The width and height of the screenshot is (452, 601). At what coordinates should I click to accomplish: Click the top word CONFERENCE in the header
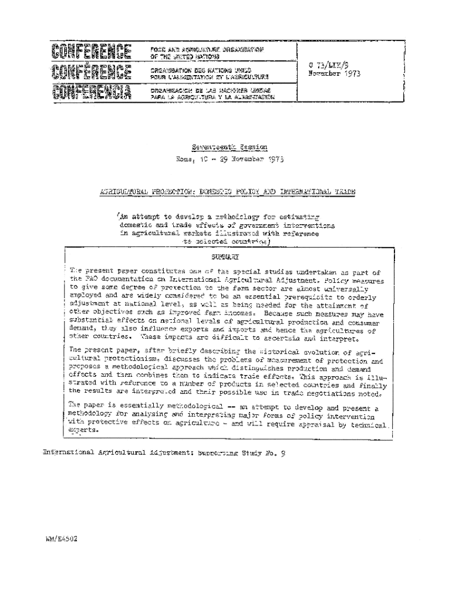tap(91, 51)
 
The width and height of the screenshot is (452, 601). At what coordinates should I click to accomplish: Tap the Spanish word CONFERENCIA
tap(91, 92)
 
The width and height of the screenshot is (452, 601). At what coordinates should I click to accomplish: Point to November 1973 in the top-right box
tap(334, 75)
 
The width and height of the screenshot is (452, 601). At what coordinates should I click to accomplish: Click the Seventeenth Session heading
tap(230, 147)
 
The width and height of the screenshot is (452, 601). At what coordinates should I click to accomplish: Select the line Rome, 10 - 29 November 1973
tap(230, 159)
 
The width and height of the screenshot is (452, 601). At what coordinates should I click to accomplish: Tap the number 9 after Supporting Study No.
tap(282, 453)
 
